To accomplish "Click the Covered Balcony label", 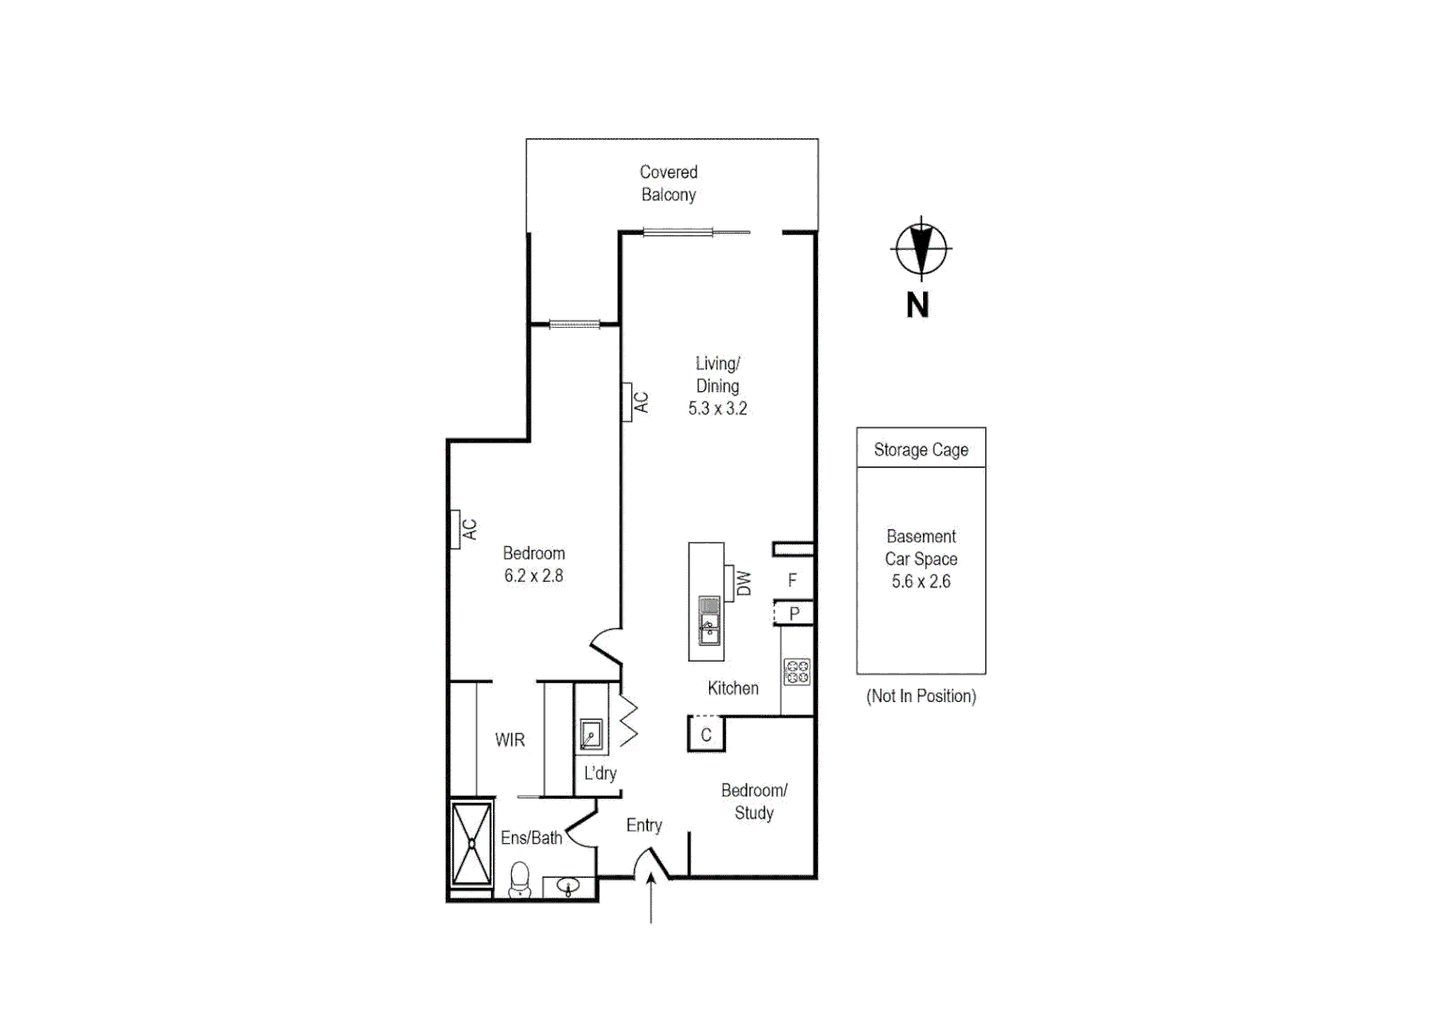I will click(x=669, y=183).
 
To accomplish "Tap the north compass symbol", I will click(x=920, y=249).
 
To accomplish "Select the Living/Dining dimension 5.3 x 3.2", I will click(x=717, y=409).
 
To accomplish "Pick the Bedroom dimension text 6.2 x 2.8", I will click(x=533, y=576).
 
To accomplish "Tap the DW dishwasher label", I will click(x=744, y=584).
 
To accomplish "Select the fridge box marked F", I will click(x=793, y=581).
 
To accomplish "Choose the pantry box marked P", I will click(x=794, y=614).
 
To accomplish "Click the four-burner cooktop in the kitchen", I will click(x=797, y=672).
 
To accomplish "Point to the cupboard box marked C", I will click(x=706, y=734).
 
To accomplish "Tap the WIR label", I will click(x=510, y=741).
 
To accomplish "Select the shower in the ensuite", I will click(x=471, y=843).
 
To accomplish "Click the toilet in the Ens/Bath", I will click(x=519, y=881).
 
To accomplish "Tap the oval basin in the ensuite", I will click(x=568, y=885).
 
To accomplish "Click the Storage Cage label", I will click(x=920, y=450).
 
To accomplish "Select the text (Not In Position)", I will click(x=920, y=696).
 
